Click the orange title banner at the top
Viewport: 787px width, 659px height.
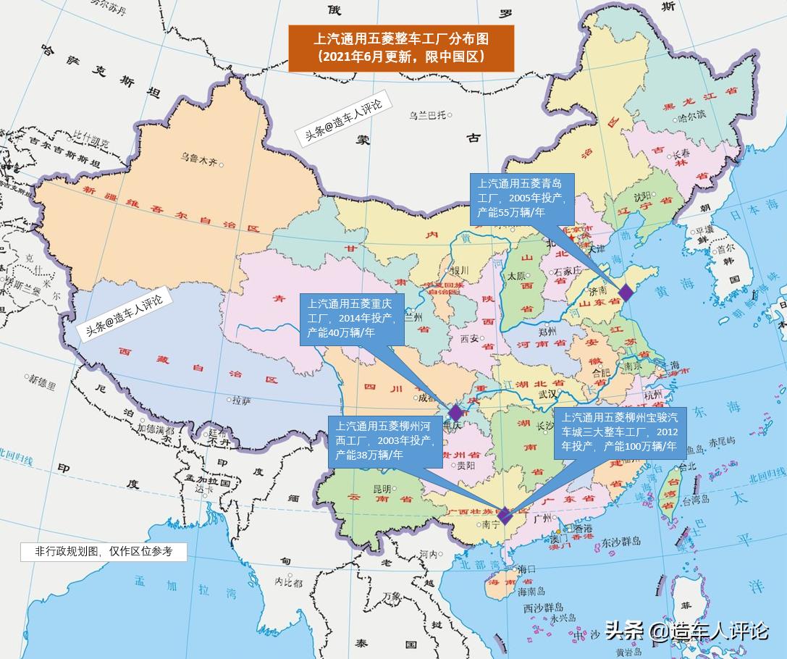[x=401, y=48]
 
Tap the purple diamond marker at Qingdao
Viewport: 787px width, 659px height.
[x=625, y=293]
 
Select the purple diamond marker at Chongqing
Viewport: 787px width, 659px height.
[x=455, y=413]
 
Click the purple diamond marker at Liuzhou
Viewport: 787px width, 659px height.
[x=505, y=517]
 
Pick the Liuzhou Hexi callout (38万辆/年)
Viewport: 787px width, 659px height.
[x=382, y=440]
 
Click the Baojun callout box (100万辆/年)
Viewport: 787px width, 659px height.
[x=620, y=432]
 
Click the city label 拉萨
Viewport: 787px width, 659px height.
[x=241, y=399]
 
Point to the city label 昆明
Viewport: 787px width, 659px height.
[x=381, y=488]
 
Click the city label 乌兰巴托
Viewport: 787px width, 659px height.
[x=427, y=115]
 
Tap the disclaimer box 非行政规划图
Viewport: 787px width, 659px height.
[x=104, y=551]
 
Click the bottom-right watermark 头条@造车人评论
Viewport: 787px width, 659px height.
[x=686, y=631]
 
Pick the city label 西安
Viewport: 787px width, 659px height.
[x=470, y=338]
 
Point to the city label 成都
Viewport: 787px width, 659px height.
[x=427, y=397]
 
